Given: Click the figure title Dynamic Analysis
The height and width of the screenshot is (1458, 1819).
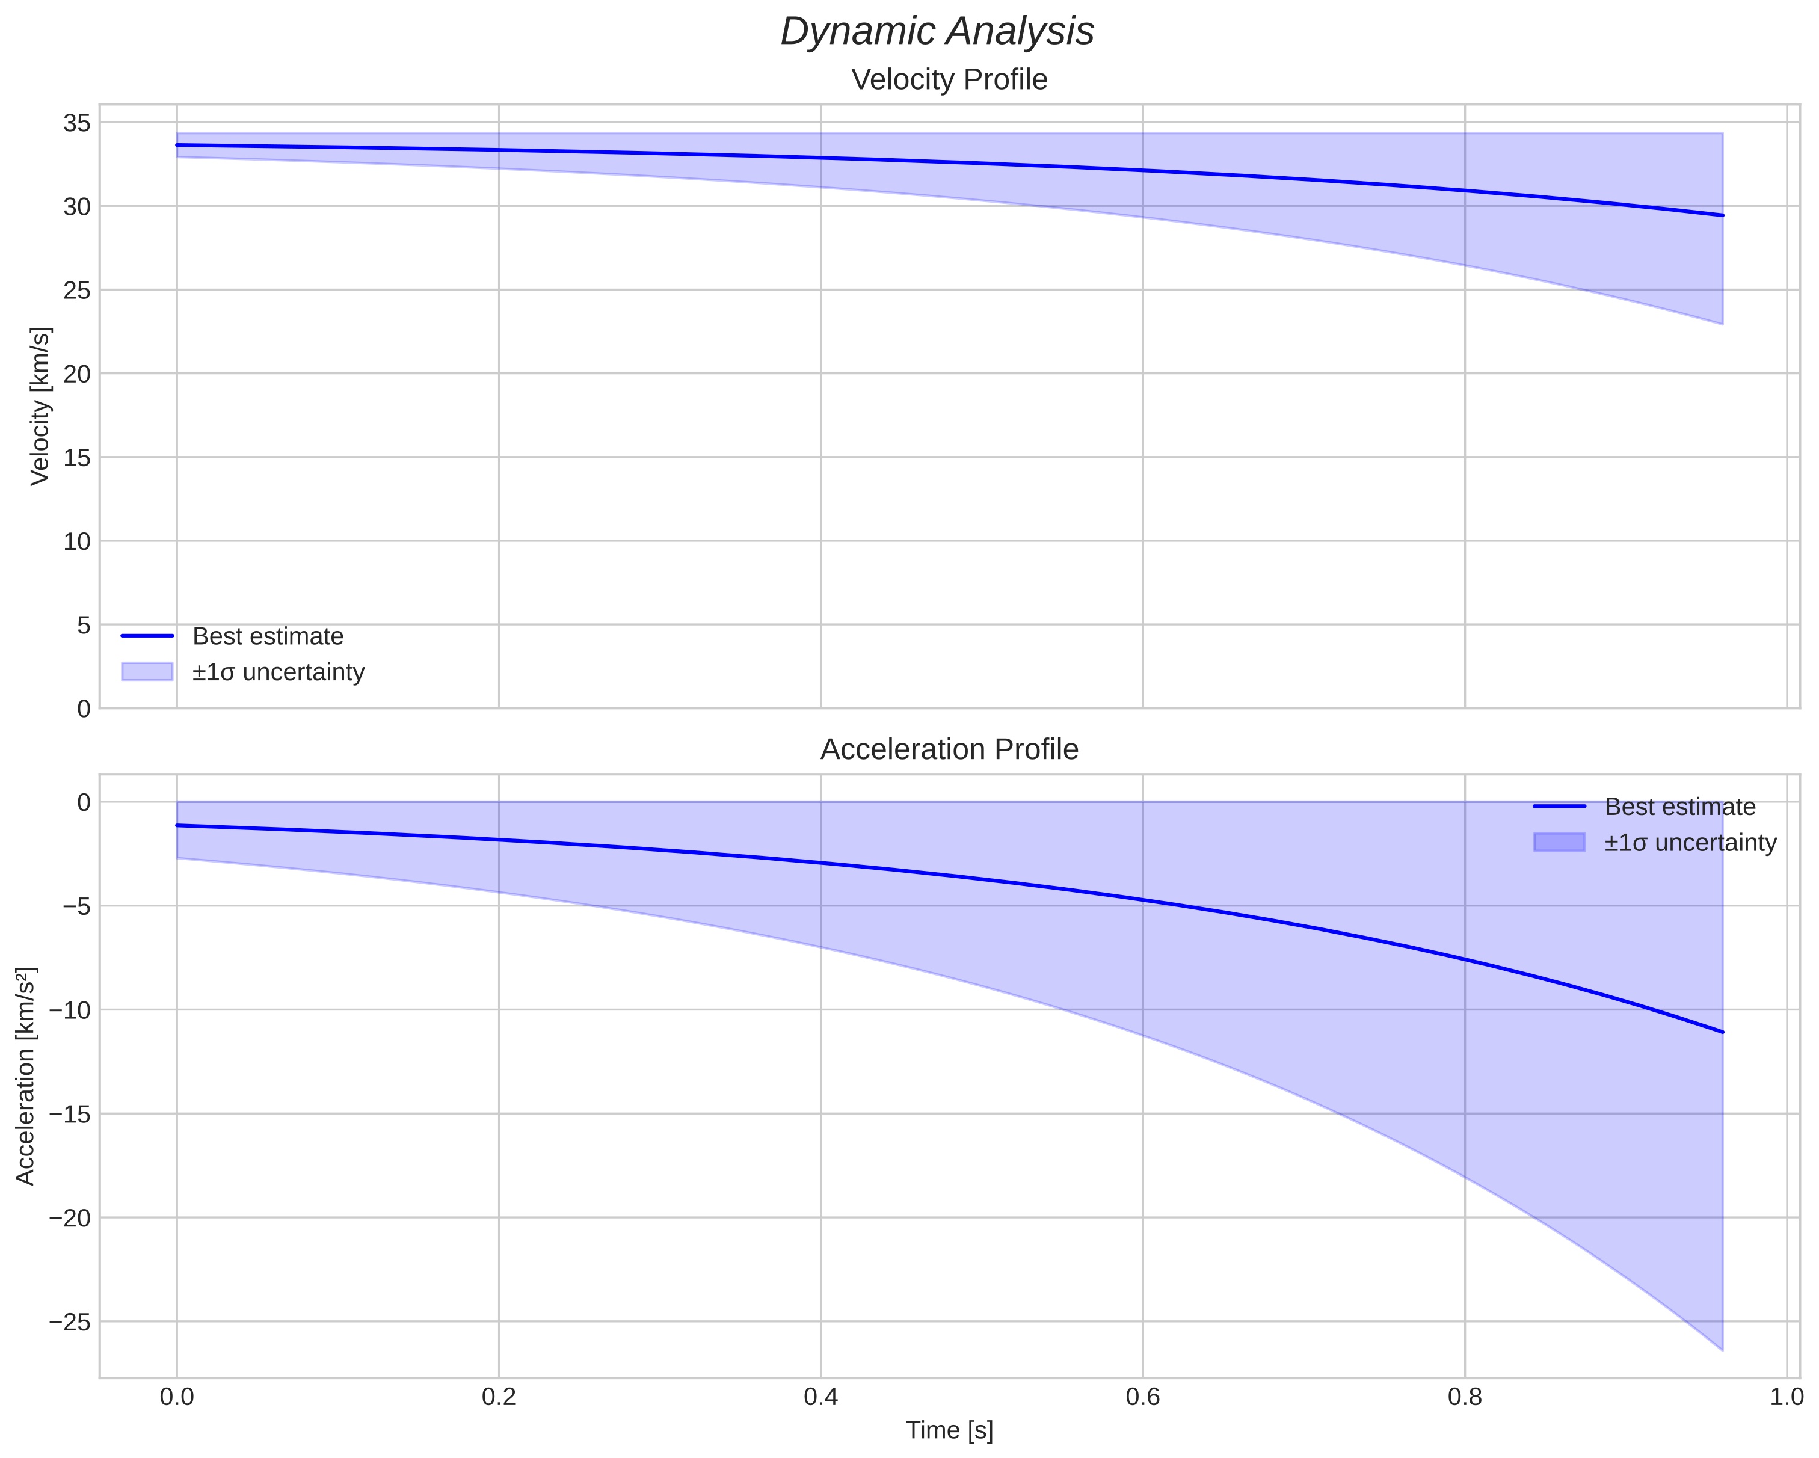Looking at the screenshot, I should (937, 32).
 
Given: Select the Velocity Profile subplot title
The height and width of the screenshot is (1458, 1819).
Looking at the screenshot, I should (949, 79).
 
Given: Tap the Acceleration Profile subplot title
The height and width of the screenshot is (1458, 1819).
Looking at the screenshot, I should (949, 749).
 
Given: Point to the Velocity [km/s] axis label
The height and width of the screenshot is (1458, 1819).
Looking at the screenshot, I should (40, 406).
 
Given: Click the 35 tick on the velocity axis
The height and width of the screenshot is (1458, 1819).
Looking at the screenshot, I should (77, 123).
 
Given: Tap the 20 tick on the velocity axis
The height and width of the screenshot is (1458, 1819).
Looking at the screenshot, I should (77, 374).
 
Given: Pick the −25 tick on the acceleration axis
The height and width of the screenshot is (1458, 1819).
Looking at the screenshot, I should (69, 1321).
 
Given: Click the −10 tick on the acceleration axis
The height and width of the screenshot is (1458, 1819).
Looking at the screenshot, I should (69, 1010).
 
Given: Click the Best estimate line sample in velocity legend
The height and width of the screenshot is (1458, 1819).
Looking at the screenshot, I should (147, 635).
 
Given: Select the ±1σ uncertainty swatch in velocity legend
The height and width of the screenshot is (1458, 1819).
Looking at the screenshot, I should (147, 672).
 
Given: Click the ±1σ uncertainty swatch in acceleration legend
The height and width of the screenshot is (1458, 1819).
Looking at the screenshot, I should (1559, 842).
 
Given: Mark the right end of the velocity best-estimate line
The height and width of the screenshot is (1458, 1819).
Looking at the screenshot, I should (1722, 215).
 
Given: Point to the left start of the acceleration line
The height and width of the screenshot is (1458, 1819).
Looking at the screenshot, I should (177, 825).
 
